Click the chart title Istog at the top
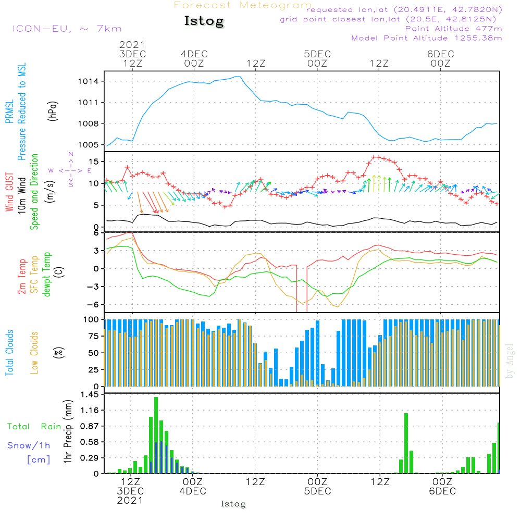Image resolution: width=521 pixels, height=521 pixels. tap(204, 21)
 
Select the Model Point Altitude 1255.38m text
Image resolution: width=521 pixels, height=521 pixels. tap(427, 38)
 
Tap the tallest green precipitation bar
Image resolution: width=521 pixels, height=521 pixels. tap(156, 435)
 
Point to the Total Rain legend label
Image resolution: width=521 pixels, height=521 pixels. tap(34, 426)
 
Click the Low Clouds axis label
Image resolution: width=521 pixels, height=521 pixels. tap(34, 352)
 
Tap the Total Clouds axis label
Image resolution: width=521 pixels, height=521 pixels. tap(10, 352)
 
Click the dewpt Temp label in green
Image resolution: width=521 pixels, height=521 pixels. tap(47, 275)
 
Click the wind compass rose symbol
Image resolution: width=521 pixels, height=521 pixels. tap(70, 170)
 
